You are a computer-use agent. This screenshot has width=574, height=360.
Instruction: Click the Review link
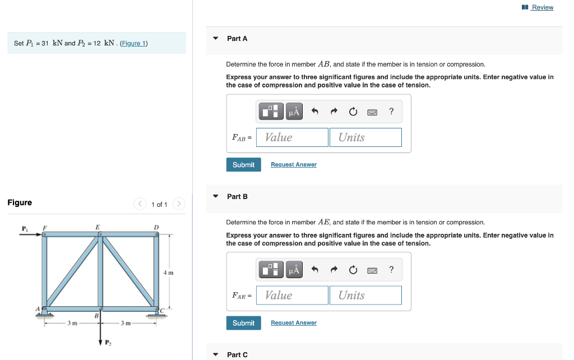click(x=541, y=7)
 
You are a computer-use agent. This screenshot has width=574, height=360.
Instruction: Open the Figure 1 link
click(x=133, y=43)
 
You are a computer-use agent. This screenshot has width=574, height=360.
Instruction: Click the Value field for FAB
click(x=292, y=137)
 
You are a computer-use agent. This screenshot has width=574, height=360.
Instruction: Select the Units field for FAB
click(x=365, y=137)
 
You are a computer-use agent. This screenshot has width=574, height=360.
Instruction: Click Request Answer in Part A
click(x=293, y=165)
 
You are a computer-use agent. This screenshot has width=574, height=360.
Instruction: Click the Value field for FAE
click(x=292, y=296)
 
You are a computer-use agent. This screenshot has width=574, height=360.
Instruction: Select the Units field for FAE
click(x=365, y=296)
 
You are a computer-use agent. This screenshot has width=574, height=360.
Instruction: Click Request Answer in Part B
click(x=293, y=323)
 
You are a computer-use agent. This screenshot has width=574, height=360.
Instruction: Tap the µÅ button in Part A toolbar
click(x=295, y=112)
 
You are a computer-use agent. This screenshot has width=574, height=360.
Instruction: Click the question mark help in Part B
click(x=391, y=270)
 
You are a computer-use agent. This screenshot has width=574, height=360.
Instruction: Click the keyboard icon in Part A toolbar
click(x=372, y=112)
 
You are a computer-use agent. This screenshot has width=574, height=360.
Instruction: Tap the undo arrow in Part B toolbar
click(x=315, y=270)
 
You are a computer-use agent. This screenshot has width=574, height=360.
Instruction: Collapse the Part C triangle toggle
click(x=216, y=354)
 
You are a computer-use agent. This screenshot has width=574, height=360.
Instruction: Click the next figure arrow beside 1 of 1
click(x=178, y=204)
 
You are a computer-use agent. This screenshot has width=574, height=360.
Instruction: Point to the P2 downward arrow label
click(x=108, y=343)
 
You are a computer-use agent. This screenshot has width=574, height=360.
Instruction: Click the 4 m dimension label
click(x=168, y=273)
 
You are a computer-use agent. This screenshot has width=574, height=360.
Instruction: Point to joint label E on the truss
click(x=98, y=227)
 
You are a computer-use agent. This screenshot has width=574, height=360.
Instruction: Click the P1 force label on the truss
click(x=24, y=228)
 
